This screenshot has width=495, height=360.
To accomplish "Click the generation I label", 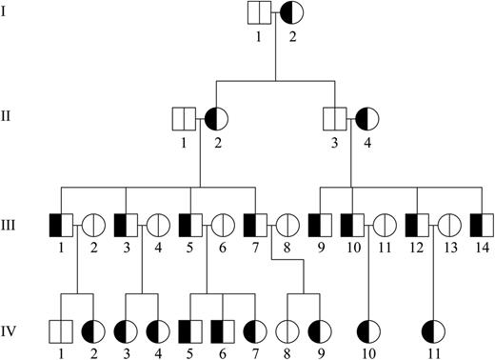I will click(10, 13).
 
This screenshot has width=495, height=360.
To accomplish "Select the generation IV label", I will click(12, 333).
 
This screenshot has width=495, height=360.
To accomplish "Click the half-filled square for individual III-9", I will click(320, 226).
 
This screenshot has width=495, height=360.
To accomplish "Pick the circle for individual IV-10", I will click(367, 332).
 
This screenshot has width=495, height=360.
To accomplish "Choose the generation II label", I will click(12, 120).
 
